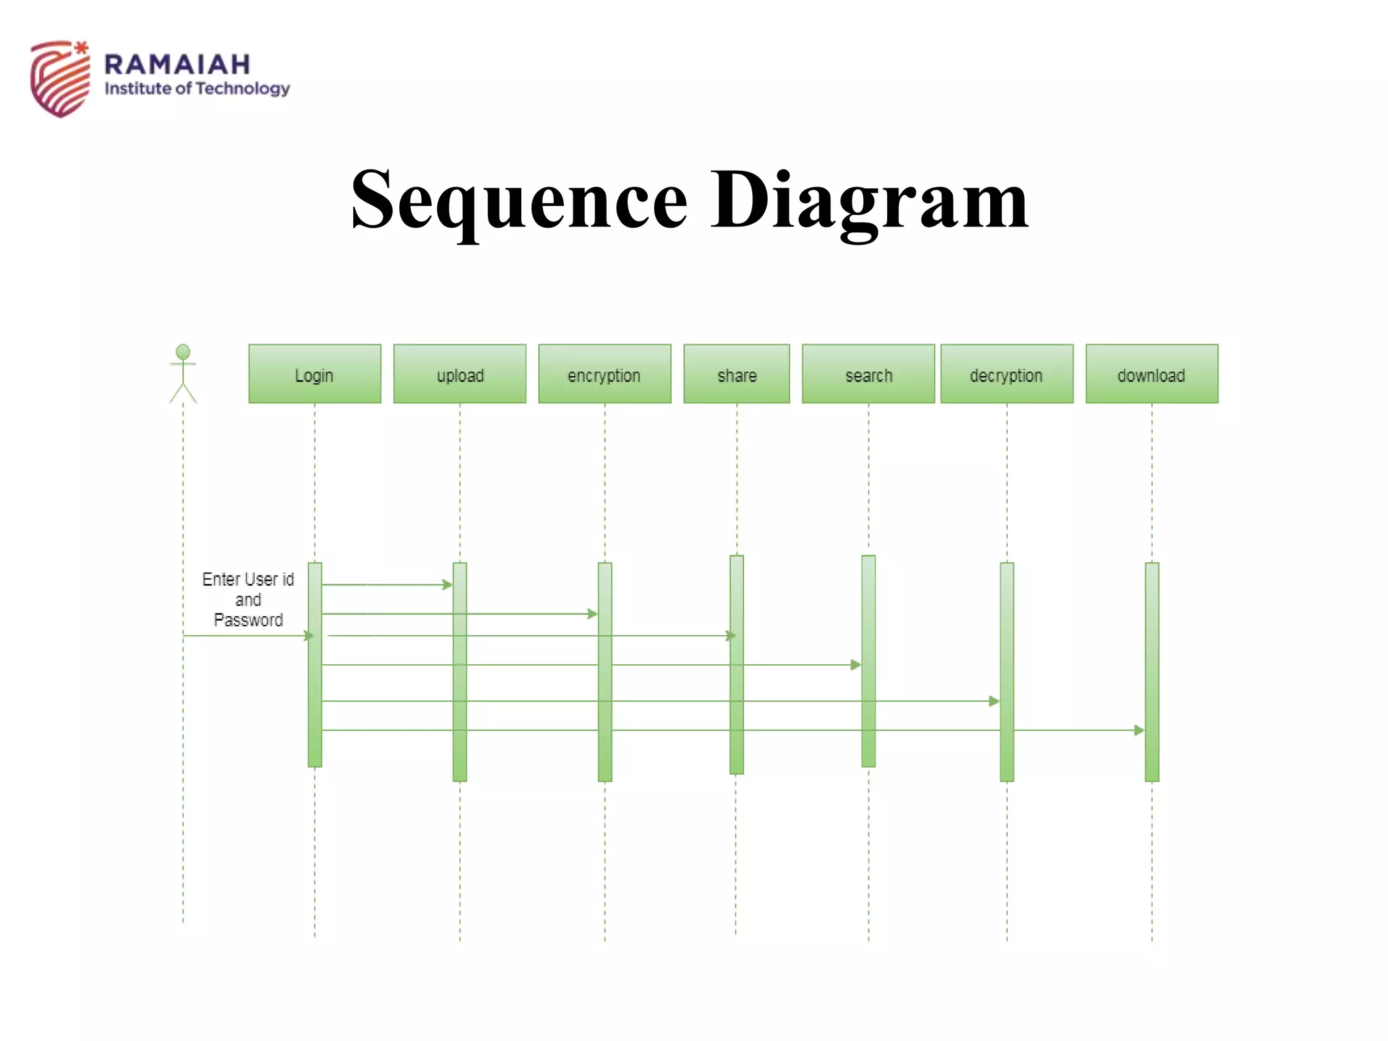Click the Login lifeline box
tap(314, 374)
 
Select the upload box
tap(460, 374)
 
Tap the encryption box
tap(605, 374)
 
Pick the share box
tap(737, 374)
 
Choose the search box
tap(868, 374)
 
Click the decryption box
tap(1006, 374)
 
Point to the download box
tap(1151, 374)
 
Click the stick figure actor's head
tap(183, 352)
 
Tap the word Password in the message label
tap(248, 620)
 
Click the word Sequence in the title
tap(519, 200)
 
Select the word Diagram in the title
tap(869, 200)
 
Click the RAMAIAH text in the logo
tap(178, 65)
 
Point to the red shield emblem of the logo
tap(60, 79)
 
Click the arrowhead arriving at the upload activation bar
tap(447, 584)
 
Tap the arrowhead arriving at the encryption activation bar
tap(592, 614)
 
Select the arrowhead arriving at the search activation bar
tap(856, 665)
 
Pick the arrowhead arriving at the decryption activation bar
tap(994, 701)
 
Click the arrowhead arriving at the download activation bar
tap(1139, 730)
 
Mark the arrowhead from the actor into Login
tap(309, 636)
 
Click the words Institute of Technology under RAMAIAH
tap(197, 89)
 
